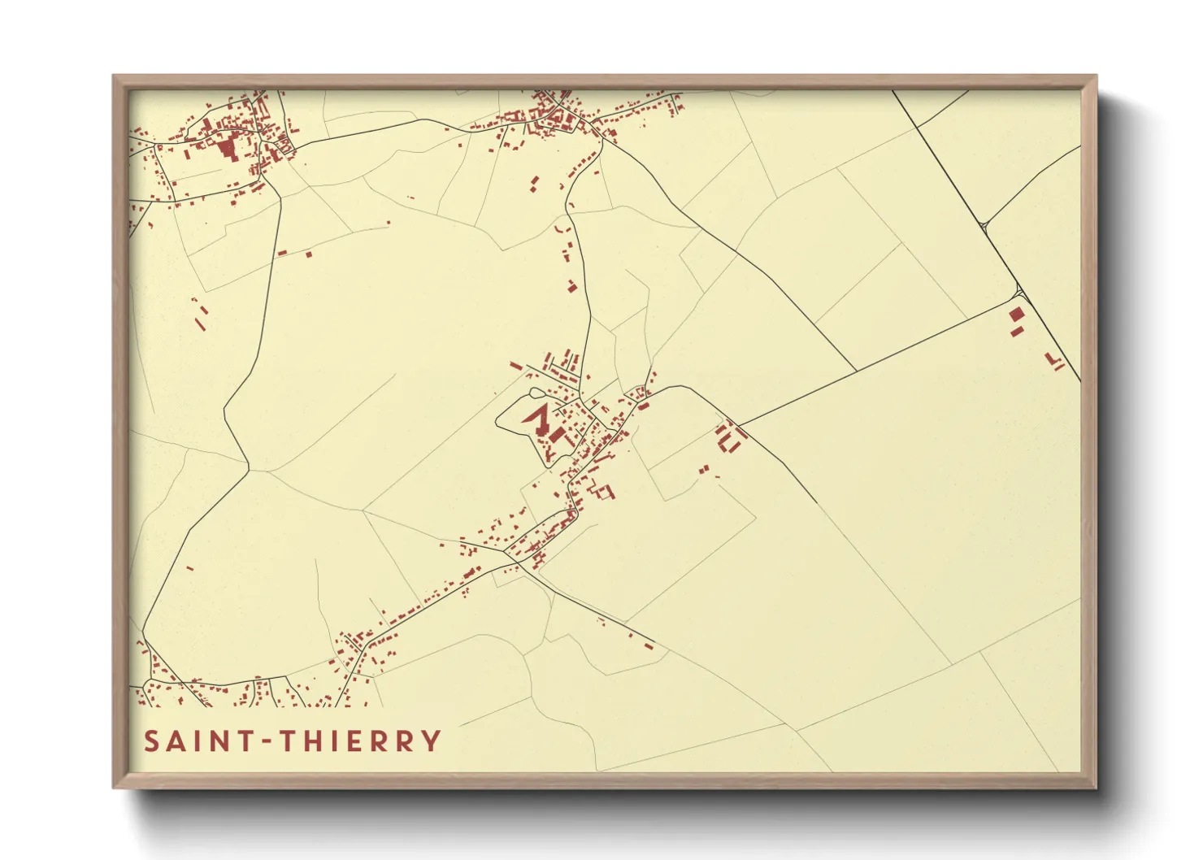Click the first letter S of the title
pos(151,741)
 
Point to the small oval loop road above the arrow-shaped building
pos(535,394)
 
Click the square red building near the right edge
pos(1016,314)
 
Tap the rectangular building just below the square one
pos(1015,331)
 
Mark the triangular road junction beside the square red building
pos(1019,290)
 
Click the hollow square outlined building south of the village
pos(606,490)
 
